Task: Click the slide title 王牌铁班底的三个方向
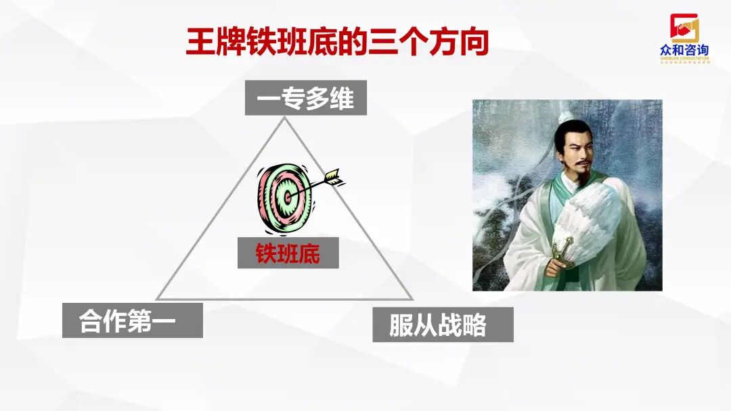tap(336, 43)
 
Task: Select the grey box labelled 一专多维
tap(305, 98)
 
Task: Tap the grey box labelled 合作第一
tap(132, 320)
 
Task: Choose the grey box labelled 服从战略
tap(443, 324)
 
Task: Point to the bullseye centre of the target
tap(288, 197)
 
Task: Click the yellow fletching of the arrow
tap(335, 178)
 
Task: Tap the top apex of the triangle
tap(284, 118)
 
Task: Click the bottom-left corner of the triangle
tap(157, 298)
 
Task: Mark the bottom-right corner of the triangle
tap(412, 298)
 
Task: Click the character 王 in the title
tap(201, 43)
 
